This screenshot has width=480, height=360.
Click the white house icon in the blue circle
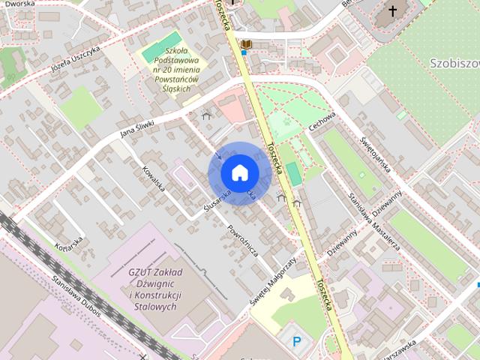point(238,173)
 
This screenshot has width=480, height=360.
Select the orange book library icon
point(246,46)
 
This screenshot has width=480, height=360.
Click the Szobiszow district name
point(454,61)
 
